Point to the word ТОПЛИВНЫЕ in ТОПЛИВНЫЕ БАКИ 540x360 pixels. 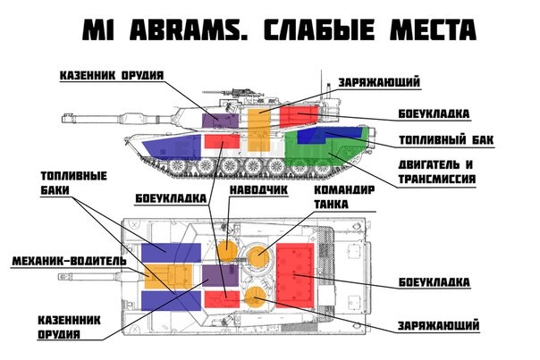(x=67, y=175)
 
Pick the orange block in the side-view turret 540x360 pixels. (x=258, y=130)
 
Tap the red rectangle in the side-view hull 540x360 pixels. (x=222, y=140)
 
